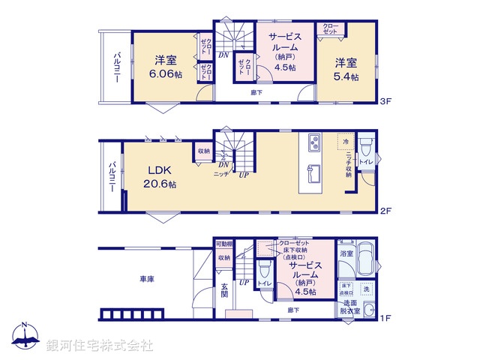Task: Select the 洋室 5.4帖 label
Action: [346, 68]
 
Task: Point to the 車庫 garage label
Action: [146, 279]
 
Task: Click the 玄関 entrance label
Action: [225, 289]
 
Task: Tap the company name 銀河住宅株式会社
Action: [99, 345]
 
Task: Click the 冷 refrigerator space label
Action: [346, 141]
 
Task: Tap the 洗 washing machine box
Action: [366, 289]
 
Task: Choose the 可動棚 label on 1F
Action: [223, 244]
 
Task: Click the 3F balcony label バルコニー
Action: [118, 67]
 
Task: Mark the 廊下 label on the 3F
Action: [257, 92]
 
